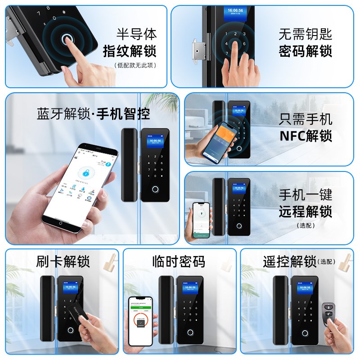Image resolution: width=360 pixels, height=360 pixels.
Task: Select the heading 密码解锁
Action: click(x=305, y=50)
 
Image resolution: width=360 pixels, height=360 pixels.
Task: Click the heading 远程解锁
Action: click(x=305, y=211)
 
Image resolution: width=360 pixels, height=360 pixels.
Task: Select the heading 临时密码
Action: click(x=179, y=261)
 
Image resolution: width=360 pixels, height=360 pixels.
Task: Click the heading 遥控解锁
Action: click(x=290, y=261)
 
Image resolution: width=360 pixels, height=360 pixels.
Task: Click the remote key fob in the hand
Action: click(x=327, y=313)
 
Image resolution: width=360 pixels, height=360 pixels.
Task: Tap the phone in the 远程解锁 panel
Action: click(x=201, y=220)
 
